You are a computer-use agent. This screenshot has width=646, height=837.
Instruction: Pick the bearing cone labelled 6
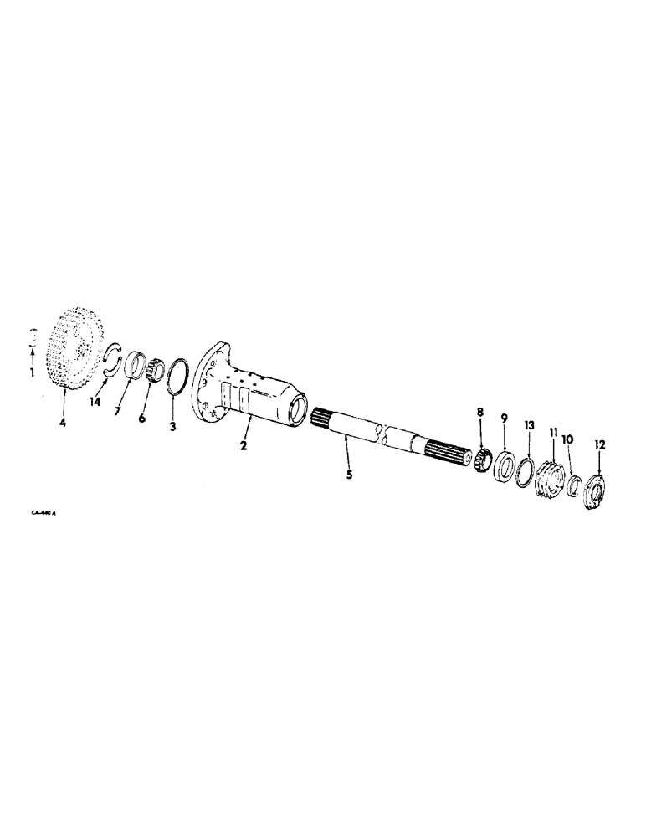[x=151, y=368]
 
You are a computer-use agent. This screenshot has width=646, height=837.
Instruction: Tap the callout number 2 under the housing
[x=243, y=446]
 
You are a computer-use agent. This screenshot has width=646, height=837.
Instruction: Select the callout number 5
[x=350, y=475]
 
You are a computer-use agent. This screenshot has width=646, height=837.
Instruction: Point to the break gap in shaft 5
[x=382, y=434]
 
